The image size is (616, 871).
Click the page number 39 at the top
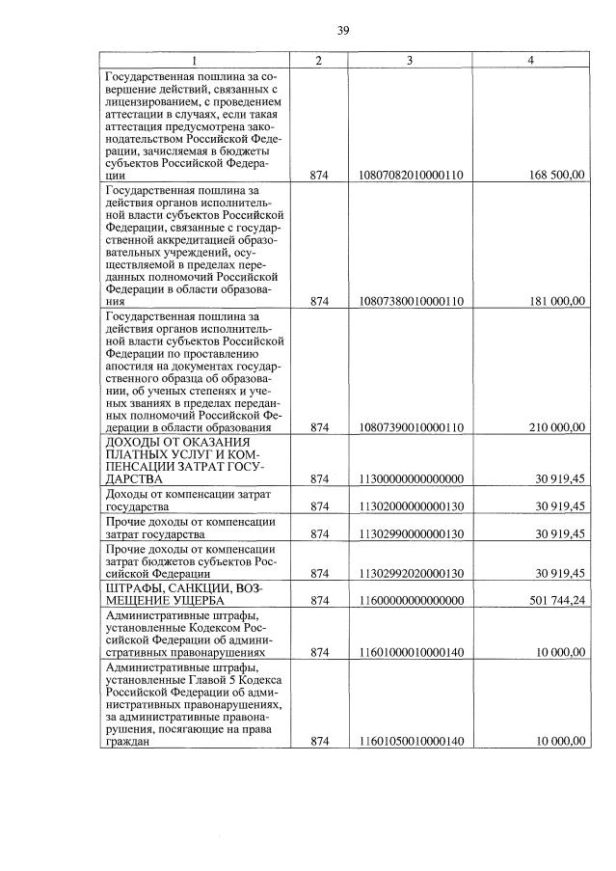coord(343,31)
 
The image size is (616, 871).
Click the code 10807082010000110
coord(410,176)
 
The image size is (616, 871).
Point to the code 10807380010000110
coord(410,301)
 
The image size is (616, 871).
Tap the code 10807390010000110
coord(410,427)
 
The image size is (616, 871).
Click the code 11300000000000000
coord(410,478)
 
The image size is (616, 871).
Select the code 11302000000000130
coord(410,506)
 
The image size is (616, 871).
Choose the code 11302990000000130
coord(410,534)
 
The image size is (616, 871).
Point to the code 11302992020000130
coord(410,573)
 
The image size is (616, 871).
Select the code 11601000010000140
coord(410,652)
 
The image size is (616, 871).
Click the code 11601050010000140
coord(410,741)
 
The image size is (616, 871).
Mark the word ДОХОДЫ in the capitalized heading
coord(137,441)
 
